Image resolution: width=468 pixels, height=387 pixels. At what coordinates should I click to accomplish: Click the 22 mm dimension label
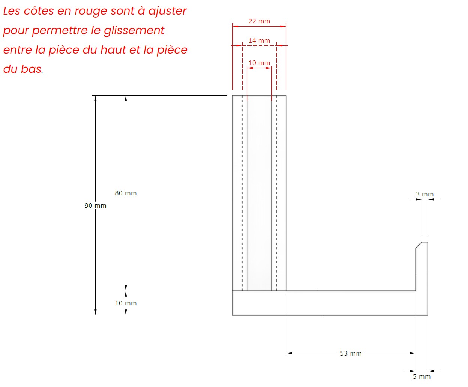point(259,21)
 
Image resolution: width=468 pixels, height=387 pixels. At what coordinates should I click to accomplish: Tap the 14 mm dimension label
point(259,41)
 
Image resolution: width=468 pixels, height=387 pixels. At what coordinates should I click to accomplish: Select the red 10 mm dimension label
point(259,63)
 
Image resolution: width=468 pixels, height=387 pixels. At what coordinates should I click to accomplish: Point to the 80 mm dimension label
point(126,193)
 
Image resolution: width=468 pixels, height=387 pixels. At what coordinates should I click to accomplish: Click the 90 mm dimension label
point(95,206)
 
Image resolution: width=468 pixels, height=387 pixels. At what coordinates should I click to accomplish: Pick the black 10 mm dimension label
point(126,303)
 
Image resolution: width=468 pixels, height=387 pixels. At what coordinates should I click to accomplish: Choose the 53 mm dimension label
point(351,353)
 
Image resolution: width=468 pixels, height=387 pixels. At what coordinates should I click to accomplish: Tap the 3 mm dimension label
point(424,195)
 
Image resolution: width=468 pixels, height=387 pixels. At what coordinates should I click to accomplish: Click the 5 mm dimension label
point(421,376)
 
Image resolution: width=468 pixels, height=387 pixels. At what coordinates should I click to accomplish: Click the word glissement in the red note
point(134,30)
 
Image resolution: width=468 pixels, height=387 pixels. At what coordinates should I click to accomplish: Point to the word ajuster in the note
point(167,11)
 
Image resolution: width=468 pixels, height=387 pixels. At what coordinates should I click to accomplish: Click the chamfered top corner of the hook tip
point(418,245)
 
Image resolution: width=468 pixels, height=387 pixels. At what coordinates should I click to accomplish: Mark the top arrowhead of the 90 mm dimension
point(96,99)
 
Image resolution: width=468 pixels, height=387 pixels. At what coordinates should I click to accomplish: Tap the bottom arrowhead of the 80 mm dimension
point(126,288)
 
